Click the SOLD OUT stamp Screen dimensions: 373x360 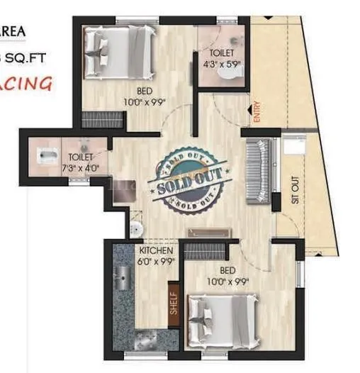click(189, 179)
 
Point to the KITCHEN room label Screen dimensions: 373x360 click(154, 252)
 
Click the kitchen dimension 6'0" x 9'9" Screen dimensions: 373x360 click(154, 262)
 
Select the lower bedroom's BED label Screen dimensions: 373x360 click(227, 272)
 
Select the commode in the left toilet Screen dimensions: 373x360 click(47, 154)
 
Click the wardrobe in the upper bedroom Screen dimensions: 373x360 click(102, 121)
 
